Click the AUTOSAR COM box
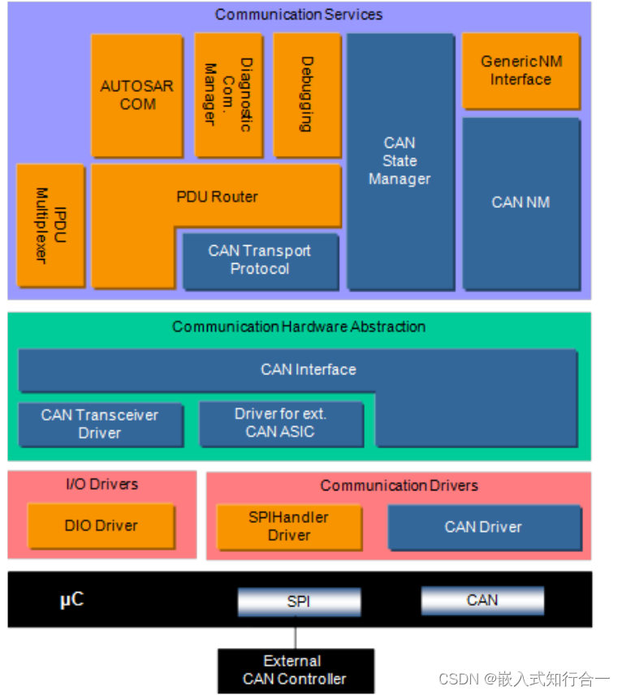(x=136, y=94)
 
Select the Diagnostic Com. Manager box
(x=228, y=94)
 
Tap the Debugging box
(x=306, y=94)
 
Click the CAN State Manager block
(x=400, y=161)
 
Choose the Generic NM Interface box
(x=520, y=71)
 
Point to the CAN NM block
(x=520, y=202)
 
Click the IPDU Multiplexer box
(x=50, y=225)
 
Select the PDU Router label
(x=217, y=196)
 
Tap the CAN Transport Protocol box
(x=260, y=260)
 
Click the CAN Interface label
(x=309, y=369)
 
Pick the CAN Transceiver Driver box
(x=100, y=424)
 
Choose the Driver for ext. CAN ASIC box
(x=280, y=423)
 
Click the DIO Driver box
(x=101, y=525)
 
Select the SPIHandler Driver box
(x=289, y=526)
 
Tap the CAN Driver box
(x=483, y=527)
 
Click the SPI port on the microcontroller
(x=299, y=602)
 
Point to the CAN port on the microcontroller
(x=482, y=600)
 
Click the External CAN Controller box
(x=295, y=670)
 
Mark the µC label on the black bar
(x=72, y=600)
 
